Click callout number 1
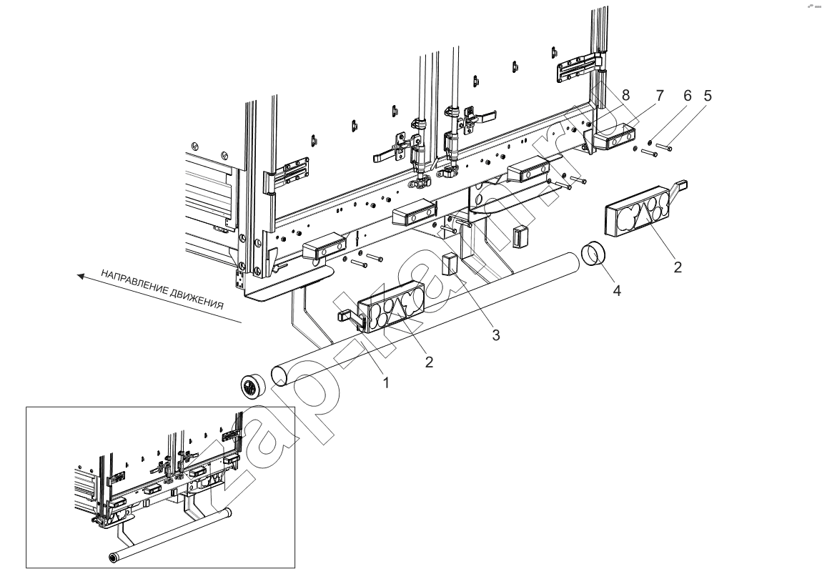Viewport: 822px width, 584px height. click(387, 383)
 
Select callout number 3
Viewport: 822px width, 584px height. click(496, 335)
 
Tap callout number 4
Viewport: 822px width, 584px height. click(617, 290)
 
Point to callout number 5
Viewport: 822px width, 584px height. click(708, 95)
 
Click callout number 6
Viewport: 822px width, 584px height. click(688, 95)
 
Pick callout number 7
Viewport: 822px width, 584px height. click(660, 95)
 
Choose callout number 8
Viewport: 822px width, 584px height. click(625, 95)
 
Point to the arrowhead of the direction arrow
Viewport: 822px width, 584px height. click(79, 275)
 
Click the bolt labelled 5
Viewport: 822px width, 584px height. click(664, 147)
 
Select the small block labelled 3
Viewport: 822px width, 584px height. click(450, 264)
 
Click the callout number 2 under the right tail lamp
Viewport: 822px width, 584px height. click(678, 267)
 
